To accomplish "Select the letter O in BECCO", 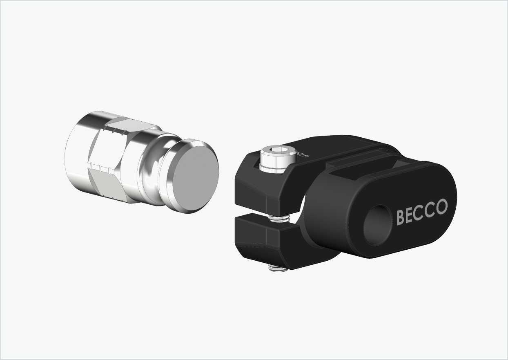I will tap(441, 207).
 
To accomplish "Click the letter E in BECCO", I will tap(410, 215).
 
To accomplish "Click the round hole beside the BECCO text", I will tap(377, 225).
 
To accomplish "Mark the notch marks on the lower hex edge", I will tap(102, 168).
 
